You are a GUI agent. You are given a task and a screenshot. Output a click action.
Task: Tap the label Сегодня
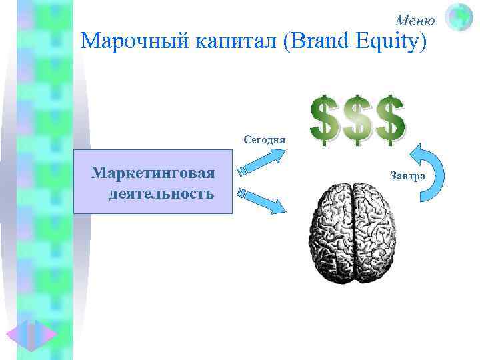coord(265,140)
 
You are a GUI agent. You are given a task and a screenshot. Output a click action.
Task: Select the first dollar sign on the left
coord(325,119)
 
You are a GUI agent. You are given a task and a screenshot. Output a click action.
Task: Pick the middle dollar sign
coord(357,119)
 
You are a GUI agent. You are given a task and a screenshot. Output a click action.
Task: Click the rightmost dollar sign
coord(390,119)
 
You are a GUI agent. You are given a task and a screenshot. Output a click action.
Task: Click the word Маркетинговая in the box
coord(153,174)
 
